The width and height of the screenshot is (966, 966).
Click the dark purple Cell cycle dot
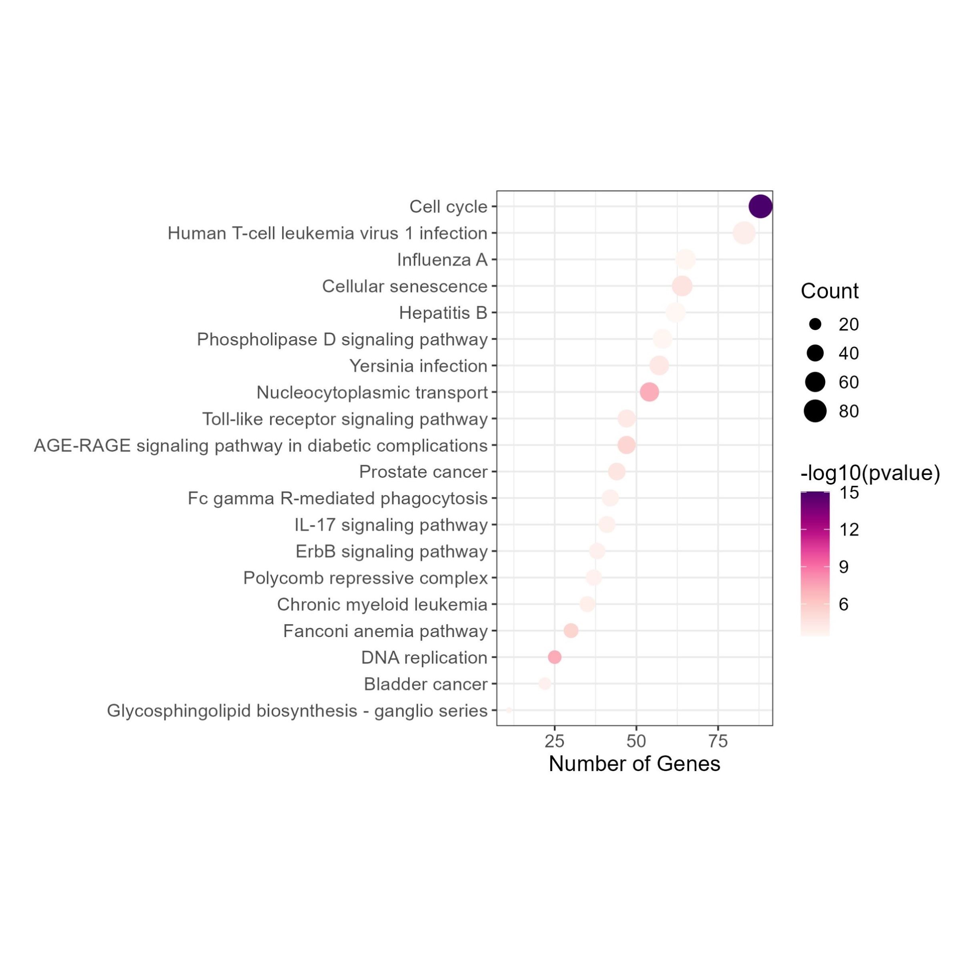tap(760, 206)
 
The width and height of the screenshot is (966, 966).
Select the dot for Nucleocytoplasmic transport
tap(649, 392)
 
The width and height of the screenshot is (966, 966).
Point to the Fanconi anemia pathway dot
tap(571, 631)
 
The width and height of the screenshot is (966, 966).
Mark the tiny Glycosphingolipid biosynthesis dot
tap(509, 710)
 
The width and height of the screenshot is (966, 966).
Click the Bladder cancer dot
tap(545, 683)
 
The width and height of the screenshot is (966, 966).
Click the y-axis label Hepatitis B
tap(443, 313)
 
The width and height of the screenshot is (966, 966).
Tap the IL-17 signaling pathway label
tap(391, 525)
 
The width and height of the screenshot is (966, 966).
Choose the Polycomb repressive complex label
tap(365, 578)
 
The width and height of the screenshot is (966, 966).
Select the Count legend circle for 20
tap(815, 325)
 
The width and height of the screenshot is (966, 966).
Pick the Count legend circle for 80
tap(815, 411)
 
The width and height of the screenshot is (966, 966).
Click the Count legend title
tap(830, 291)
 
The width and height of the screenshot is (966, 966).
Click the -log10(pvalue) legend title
tap(870, 473)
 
